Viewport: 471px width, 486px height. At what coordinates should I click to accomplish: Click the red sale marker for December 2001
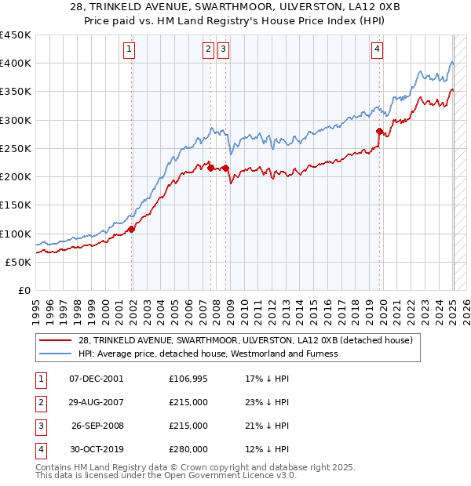(x=132, y=229)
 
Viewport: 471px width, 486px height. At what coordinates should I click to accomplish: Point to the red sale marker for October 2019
(x=379, y=132)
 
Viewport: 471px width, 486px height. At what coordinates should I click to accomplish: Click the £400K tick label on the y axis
(x=16, y=63)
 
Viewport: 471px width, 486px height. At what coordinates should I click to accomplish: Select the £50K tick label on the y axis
(x=19, y=262)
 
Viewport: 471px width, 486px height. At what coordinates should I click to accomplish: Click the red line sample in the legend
(x=56, y=339)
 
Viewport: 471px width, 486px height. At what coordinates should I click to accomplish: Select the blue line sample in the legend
(x=56, y=354)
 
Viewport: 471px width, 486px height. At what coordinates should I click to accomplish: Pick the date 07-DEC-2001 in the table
(x=97, y=379)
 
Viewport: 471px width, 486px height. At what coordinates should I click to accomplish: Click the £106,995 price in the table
(x=188, y=379)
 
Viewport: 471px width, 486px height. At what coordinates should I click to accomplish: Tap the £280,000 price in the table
(x=188, y=449)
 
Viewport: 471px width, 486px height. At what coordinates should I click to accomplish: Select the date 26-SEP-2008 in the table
(x=97, y=426)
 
